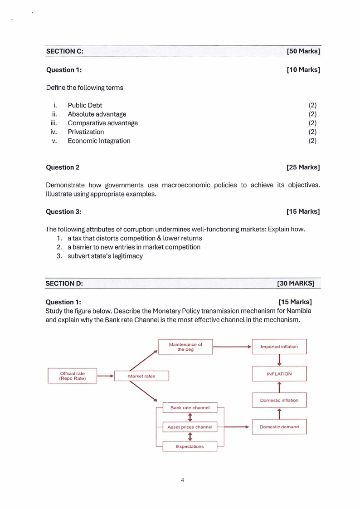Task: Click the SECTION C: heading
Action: (x=64, y=51)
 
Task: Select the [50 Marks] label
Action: (x=303, y=51)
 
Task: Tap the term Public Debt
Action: (x=85, y=105)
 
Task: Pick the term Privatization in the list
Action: (x=86, y=132)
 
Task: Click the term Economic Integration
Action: (x=99, y=141)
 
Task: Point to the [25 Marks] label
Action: (x=303, y=167)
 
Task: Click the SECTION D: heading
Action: (x=64, y=284)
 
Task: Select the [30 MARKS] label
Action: (x=296, y=284)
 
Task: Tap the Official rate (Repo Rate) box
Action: (x=73, y=376)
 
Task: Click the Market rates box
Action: (x=141, y=376)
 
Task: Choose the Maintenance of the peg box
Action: (x=185, y=347)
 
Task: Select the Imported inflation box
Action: (x=279, y=347)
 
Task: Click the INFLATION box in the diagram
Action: (x=279, y=374)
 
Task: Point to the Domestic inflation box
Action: (x=279, y=400)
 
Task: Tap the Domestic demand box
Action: (x=279, y=427)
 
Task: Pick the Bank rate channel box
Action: (x=190, y=408)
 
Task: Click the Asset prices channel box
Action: (x=190, y=427)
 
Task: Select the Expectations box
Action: (x=190, y=446)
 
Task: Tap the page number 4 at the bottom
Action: (x=182, y=480)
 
